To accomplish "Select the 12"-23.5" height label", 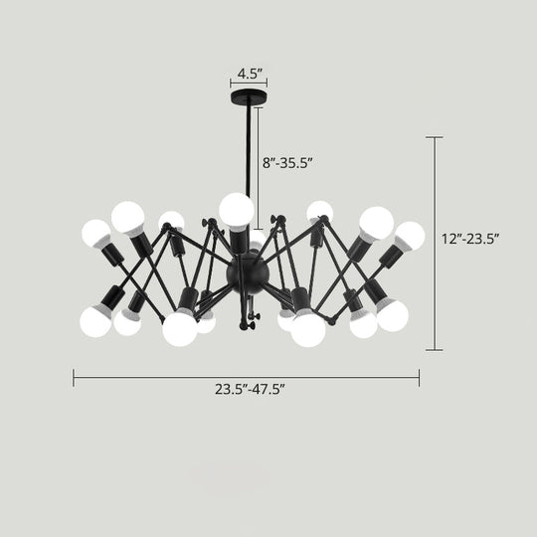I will (x=470, y=238).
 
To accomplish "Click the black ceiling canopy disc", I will (x=248, y=100).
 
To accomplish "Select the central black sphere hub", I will (x=246, y=269).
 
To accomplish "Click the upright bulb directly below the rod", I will (x=237, y=210).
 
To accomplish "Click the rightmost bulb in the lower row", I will (x=393, y=316).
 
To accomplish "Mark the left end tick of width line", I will (x=74, y=377).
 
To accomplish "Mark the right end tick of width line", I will (x=419, y=377).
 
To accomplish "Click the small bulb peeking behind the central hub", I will (x=256, y=246).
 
